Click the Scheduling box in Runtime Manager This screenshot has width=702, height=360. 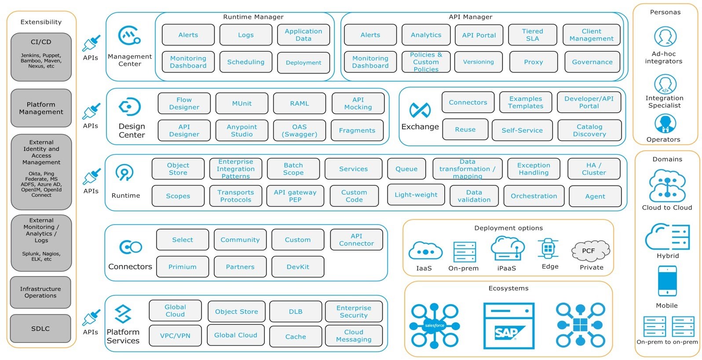pyautogui.click(x=246, y=62)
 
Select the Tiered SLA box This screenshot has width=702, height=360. pyautogui.click(x=533, y=35)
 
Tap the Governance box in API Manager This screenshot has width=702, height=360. pyautogui.click(x=592, y=62)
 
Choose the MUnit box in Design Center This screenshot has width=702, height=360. pyautogui.click(x=241, y=103)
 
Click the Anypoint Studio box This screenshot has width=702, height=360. pyautogui.click(x=241, y=131)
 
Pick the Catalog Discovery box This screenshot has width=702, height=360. pyautogui.click(x=589, y=131)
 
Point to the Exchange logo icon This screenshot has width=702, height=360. pyautogui.click(x=420, y=110)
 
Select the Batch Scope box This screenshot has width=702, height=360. pyautogui.click(x=293, y=169)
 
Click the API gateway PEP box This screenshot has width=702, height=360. pyautogui.click(x=295, y=196)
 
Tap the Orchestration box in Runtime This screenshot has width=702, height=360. pyautogui.click(x=534, y=196)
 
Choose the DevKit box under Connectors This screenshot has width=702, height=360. pyautogui.click(x=298, y=267)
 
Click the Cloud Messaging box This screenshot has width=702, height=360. pyautogui.click(x=354, y=335)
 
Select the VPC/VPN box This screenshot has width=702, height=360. pyautogui.click(x=175, y=335)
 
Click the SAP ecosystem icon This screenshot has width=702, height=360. pyautogui.click(x=508, y=326)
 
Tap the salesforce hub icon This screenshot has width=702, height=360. pyautogui.click(x=435, y=326)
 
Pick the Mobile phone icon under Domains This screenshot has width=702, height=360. pyautogui.click(x=667, y=281)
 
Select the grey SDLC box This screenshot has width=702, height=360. pyautogui.click(x=40, y=329)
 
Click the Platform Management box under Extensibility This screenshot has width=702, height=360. pyautogui.click(x=41, y=108)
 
